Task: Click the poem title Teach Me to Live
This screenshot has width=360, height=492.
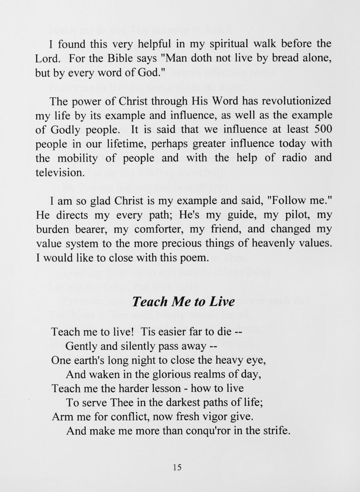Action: click(183, 302)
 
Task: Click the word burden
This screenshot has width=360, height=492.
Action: click(52, 229)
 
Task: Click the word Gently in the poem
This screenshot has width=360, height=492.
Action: click(81, 346)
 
